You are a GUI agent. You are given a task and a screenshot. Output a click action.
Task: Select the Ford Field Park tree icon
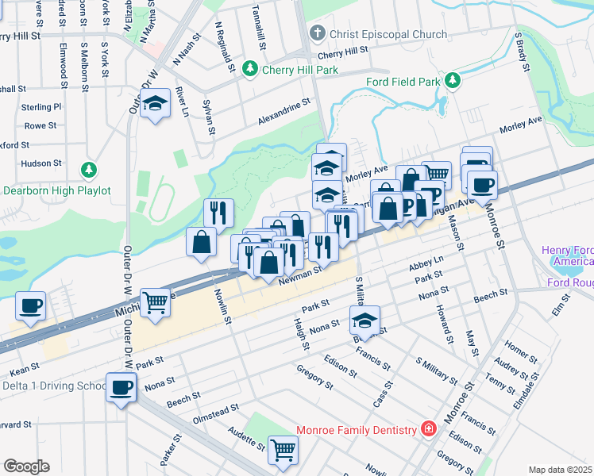(x=453, y=81)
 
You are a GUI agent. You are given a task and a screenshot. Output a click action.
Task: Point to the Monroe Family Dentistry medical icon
(x=429, y=429)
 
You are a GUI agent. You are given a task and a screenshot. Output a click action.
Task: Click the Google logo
(x=26, y=466)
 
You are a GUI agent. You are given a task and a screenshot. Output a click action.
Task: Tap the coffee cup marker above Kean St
(x=31, y=306)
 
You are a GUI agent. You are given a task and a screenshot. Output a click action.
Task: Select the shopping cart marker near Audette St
(x=283, y=450)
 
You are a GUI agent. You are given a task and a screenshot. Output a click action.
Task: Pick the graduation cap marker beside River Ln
(x=156, y=105)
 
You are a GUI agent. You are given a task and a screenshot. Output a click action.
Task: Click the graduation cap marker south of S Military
(x=365, y=321)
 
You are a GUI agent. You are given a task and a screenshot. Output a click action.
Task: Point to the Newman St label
(x=300, y=274)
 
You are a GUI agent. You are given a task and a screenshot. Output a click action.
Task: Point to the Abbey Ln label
(x=426, y=264)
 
